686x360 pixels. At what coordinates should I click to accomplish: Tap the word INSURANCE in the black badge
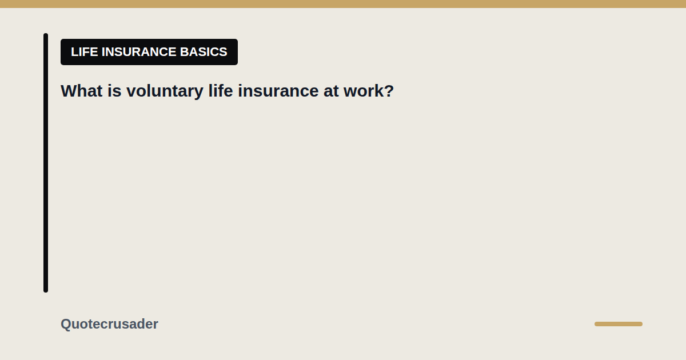[x=139, y=52]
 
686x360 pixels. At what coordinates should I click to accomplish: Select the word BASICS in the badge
[x=204, y=52]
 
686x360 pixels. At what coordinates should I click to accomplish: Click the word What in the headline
[x=81, y=91]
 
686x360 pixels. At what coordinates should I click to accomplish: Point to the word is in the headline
[x=114, y=91]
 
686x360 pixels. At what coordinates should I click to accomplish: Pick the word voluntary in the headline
[x=165, y=91]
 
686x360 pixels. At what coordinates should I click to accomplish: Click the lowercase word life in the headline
[x=221, y=91]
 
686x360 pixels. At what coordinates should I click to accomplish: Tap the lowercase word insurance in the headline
[x=278, y=91]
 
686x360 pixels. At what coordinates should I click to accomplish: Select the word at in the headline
[x=331, y=91]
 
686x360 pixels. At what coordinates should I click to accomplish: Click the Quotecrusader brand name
[x=109, y=324]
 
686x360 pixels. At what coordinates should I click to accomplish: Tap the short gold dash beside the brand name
[x=619, y=324]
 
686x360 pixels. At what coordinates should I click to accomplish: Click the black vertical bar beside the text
[x=46, y=163]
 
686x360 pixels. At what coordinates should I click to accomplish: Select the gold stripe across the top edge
[x=343, y=4]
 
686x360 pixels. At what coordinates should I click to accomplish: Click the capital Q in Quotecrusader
[x=66, y=324]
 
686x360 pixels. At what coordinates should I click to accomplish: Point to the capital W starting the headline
[x=70, y=91]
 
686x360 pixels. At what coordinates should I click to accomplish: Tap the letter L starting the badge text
[x=74, y=52]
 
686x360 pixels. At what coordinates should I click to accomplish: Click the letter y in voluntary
[x=199, y=93]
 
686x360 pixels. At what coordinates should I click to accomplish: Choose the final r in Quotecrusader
[x=155, y=325]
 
